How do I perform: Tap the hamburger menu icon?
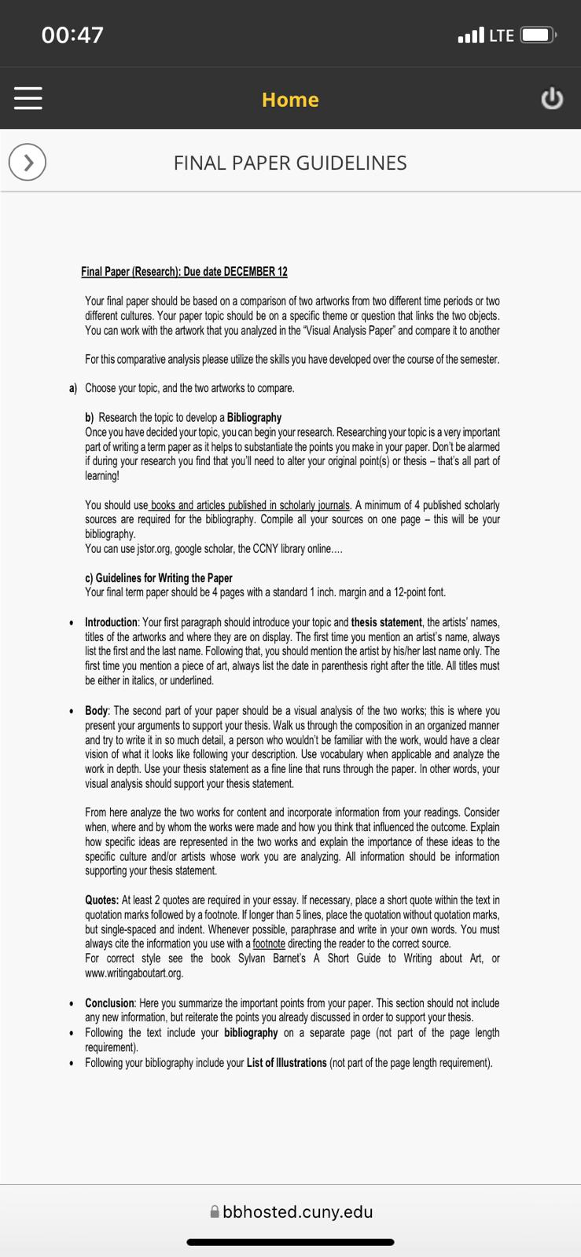(x=28, y=100)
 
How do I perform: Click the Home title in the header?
(x=290, y=100)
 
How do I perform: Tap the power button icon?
(x=552, y=100)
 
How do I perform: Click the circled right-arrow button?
(x=28, y=163)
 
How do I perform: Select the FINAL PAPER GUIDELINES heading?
(x=290, y=163)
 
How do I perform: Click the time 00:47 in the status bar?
(x=72, y=35)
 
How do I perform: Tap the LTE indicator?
(x=501, y=35)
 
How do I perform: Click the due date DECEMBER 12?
(x=256, y=272)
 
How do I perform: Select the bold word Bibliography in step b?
(x=253, y=418)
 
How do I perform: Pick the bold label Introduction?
(x=111, y=622)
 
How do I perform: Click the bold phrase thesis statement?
(x=386, y=622)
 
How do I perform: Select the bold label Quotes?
(x=101, y=900)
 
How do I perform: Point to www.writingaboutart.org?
(x=134, y=973)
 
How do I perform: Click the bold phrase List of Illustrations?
(x=286, y=1063)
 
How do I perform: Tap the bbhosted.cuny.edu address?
(x=297, y=1211)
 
